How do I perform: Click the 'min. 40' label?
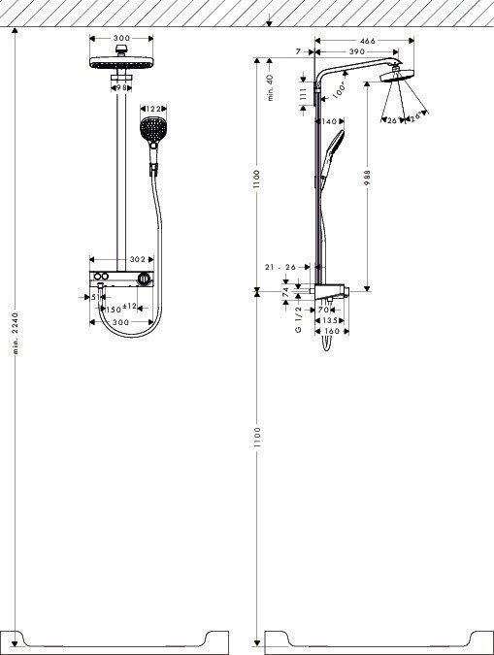pyautogui.click(x=272, y=85)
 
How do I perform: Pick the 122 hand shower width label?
pyautogui.click(x=152, y=109)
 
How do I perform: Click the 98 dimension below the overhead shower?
pyautogui.click(x=121, y=87)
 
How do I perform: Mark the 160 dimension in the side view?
pyautogui.click(x=330, y=332)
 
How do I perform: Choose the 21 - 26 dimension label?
pyautogui.click(x=280, y=267)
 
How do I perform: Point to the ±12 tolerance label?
pyautogui.click(x=131, y=307)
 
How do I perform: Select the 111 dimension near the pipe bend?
pyautogui.click(x=304, y=93)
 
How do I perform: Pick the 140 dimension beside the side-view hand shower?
pyautogui.click(x=329, y=122)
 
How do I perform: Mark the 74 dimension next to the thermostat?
pyautogui.click(x=284, y=290)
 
